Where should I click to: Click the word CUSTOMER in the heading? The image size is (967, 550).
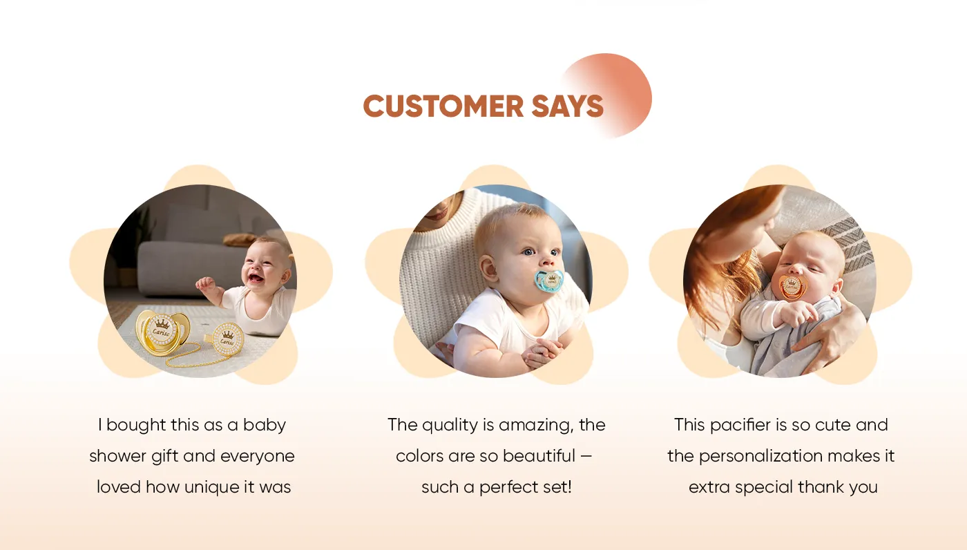tap(443, 106)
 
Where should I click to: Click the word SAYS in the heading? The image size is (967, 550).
tap(567, 106)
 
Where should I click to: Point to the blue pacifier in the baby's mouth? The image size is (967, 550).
tap(548, 281)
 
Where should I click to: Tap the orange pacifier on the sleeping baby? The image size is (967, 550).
tap(793, 287)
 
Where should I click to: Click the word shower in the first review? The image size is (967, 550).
tap(117, 456)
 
